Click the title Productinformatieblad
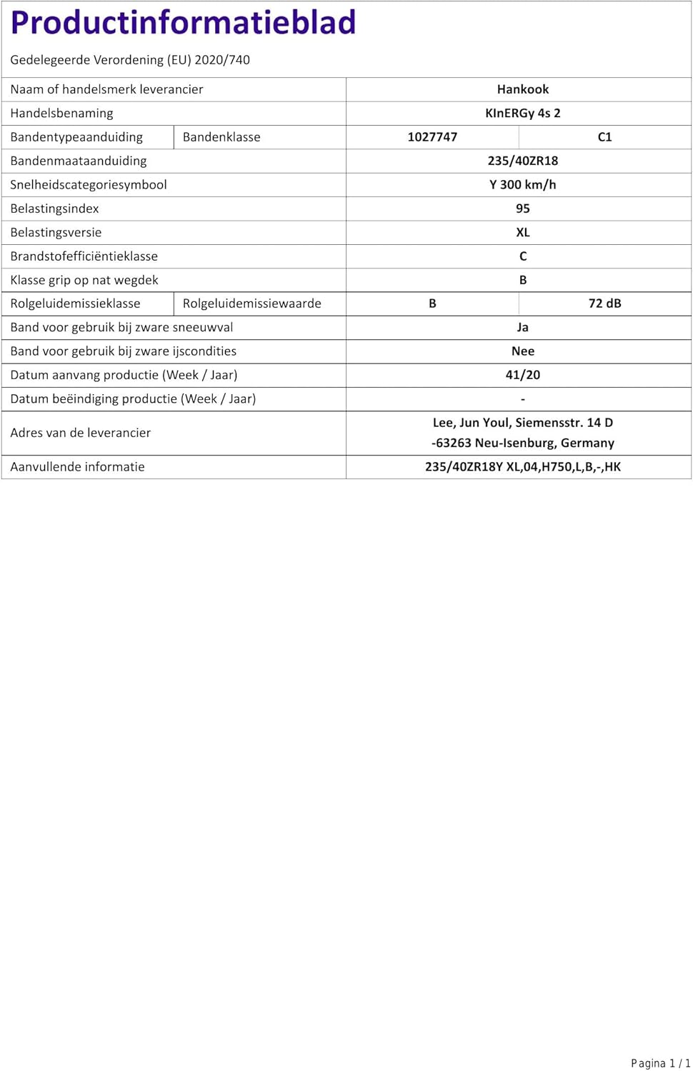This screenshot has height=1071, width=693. click(x=183, y=23)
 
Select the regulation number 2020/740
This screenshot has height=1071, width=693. click(x=222, y=60)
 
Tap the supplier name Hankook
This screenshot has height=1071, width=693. click(x=523, y=89)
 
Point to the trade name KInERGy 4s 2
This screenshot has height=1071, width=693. click(x=523, y=113)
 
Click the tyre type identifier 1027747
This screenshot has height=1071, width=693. click(x=432, y=137)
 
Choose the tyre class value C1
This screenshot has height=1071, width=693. click(x=604, y=137)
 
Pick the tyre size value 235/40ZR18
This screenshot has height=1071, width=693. click(x=523, y=161)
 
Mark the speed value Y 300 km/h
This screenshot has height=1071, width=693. click(x=523, y=184)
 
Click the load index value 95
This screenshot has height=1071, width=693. click(x=523, y=208)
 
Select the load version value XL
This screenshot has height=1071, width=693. click(x=523, y=232)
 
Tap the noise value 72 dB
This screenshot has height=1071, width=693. click(x=604, y=303)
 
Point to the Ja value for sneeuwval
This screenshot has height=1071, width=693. click(x=523, y=327)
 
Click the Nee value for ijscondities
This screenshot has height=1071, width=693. click(x=523, y=351)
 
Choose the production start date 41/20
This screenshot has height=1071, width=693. click(x=523, y=375)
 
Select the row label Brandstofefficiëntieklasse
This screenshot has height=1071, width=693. click(x=84, y=256)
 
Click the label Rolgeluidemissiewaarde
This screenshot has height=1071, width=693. click(x=252, y=303)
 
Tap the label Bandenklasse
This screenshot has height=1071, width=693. click(x=221, y=137)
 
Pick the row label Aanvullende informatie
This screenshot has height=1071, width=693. click(x=77, y=467)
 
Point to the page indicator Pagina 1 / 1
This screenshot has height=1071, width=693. click(x=660, y=1063)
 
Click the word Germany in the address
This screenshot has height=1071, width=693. click(x=587, y=443)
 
